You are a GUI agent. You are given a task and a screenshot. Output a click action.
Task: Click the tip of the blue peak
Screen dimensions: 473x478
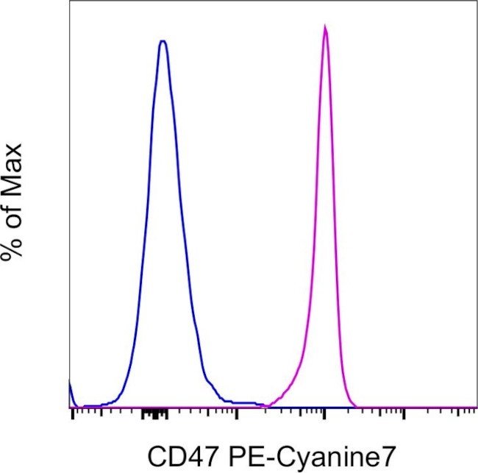[x=163, y=41]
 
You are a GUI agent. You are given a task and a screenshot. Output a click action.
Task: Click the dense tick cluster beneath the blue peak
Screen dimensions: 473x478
[x=154, y=413]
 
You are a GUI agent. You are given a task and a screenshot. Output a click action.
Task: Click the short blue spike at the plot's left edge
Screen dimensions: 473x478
[x=70, y=384]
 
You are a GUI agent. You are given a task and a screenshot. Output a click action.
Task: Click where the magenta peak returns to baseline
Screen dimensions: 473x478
[x=354, y=405]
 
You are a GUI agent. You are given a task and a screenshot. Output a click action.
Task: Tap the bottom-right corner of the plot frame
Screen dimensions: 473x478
[x=477, y=408]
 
